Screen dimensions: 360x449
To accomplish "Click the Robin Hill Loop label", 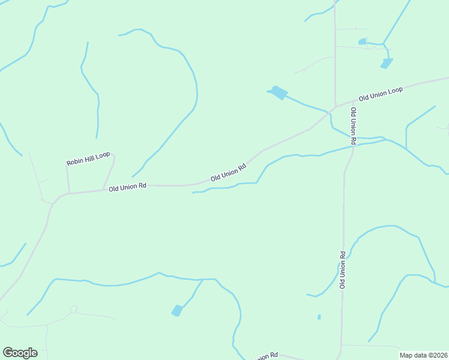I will pyautogui.click(x=88, y=158).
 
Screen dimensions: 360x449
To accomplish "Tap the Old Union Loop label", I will pyautogui.click(x=381, y=94).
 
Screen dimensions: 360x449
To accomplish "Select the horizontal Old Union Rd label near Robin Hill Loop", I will pyautogui.click(x=128, y=187).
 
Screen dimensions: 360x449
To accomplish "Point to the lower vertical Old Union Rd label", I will pyautogui.click(x=343, y=270).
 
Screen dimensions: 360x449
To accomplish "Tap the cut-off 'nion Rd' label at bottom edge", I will pyautogui.click(x=268, y=356).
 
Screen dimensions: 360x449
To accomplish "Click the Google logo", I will pyautogui.click(x=20, y=353).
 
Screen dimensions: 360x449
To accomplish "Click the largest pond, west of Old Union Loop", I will pyautogui.click(x=279, y=92).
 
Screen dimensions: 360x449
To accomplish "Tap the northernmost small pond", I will pyautogui.click(x=362, y=41).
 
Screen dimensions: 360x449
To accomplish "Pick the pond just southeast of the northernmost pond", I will pyautogui.click(x=387, y=62).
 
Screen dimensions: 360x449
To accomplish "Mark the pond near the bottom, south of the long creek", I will pyautogui.click(x=177, y=310).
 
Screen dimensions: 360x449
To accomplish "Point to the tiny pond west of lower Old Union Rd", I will pyautogui.click(x=319, y=317).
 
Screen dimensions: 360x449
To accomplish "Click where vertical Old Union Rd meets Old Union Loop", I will pyautogui.click(x=335, y=106).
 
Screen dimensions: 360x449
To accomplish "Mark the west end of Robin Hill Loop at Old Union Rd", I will pyautogui.click(x=68, y=193).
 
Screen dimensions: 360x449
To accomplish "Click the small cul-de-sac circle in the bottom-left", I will pyautogui.click(x=73, y=309).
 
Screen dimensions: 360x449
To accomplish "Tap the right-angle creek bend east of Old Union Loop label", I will pyautogui.click(x=407, y=127).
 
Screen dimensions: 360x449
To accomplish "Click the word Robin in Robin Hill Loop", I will pyautogui.click(x=75, y=161).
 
